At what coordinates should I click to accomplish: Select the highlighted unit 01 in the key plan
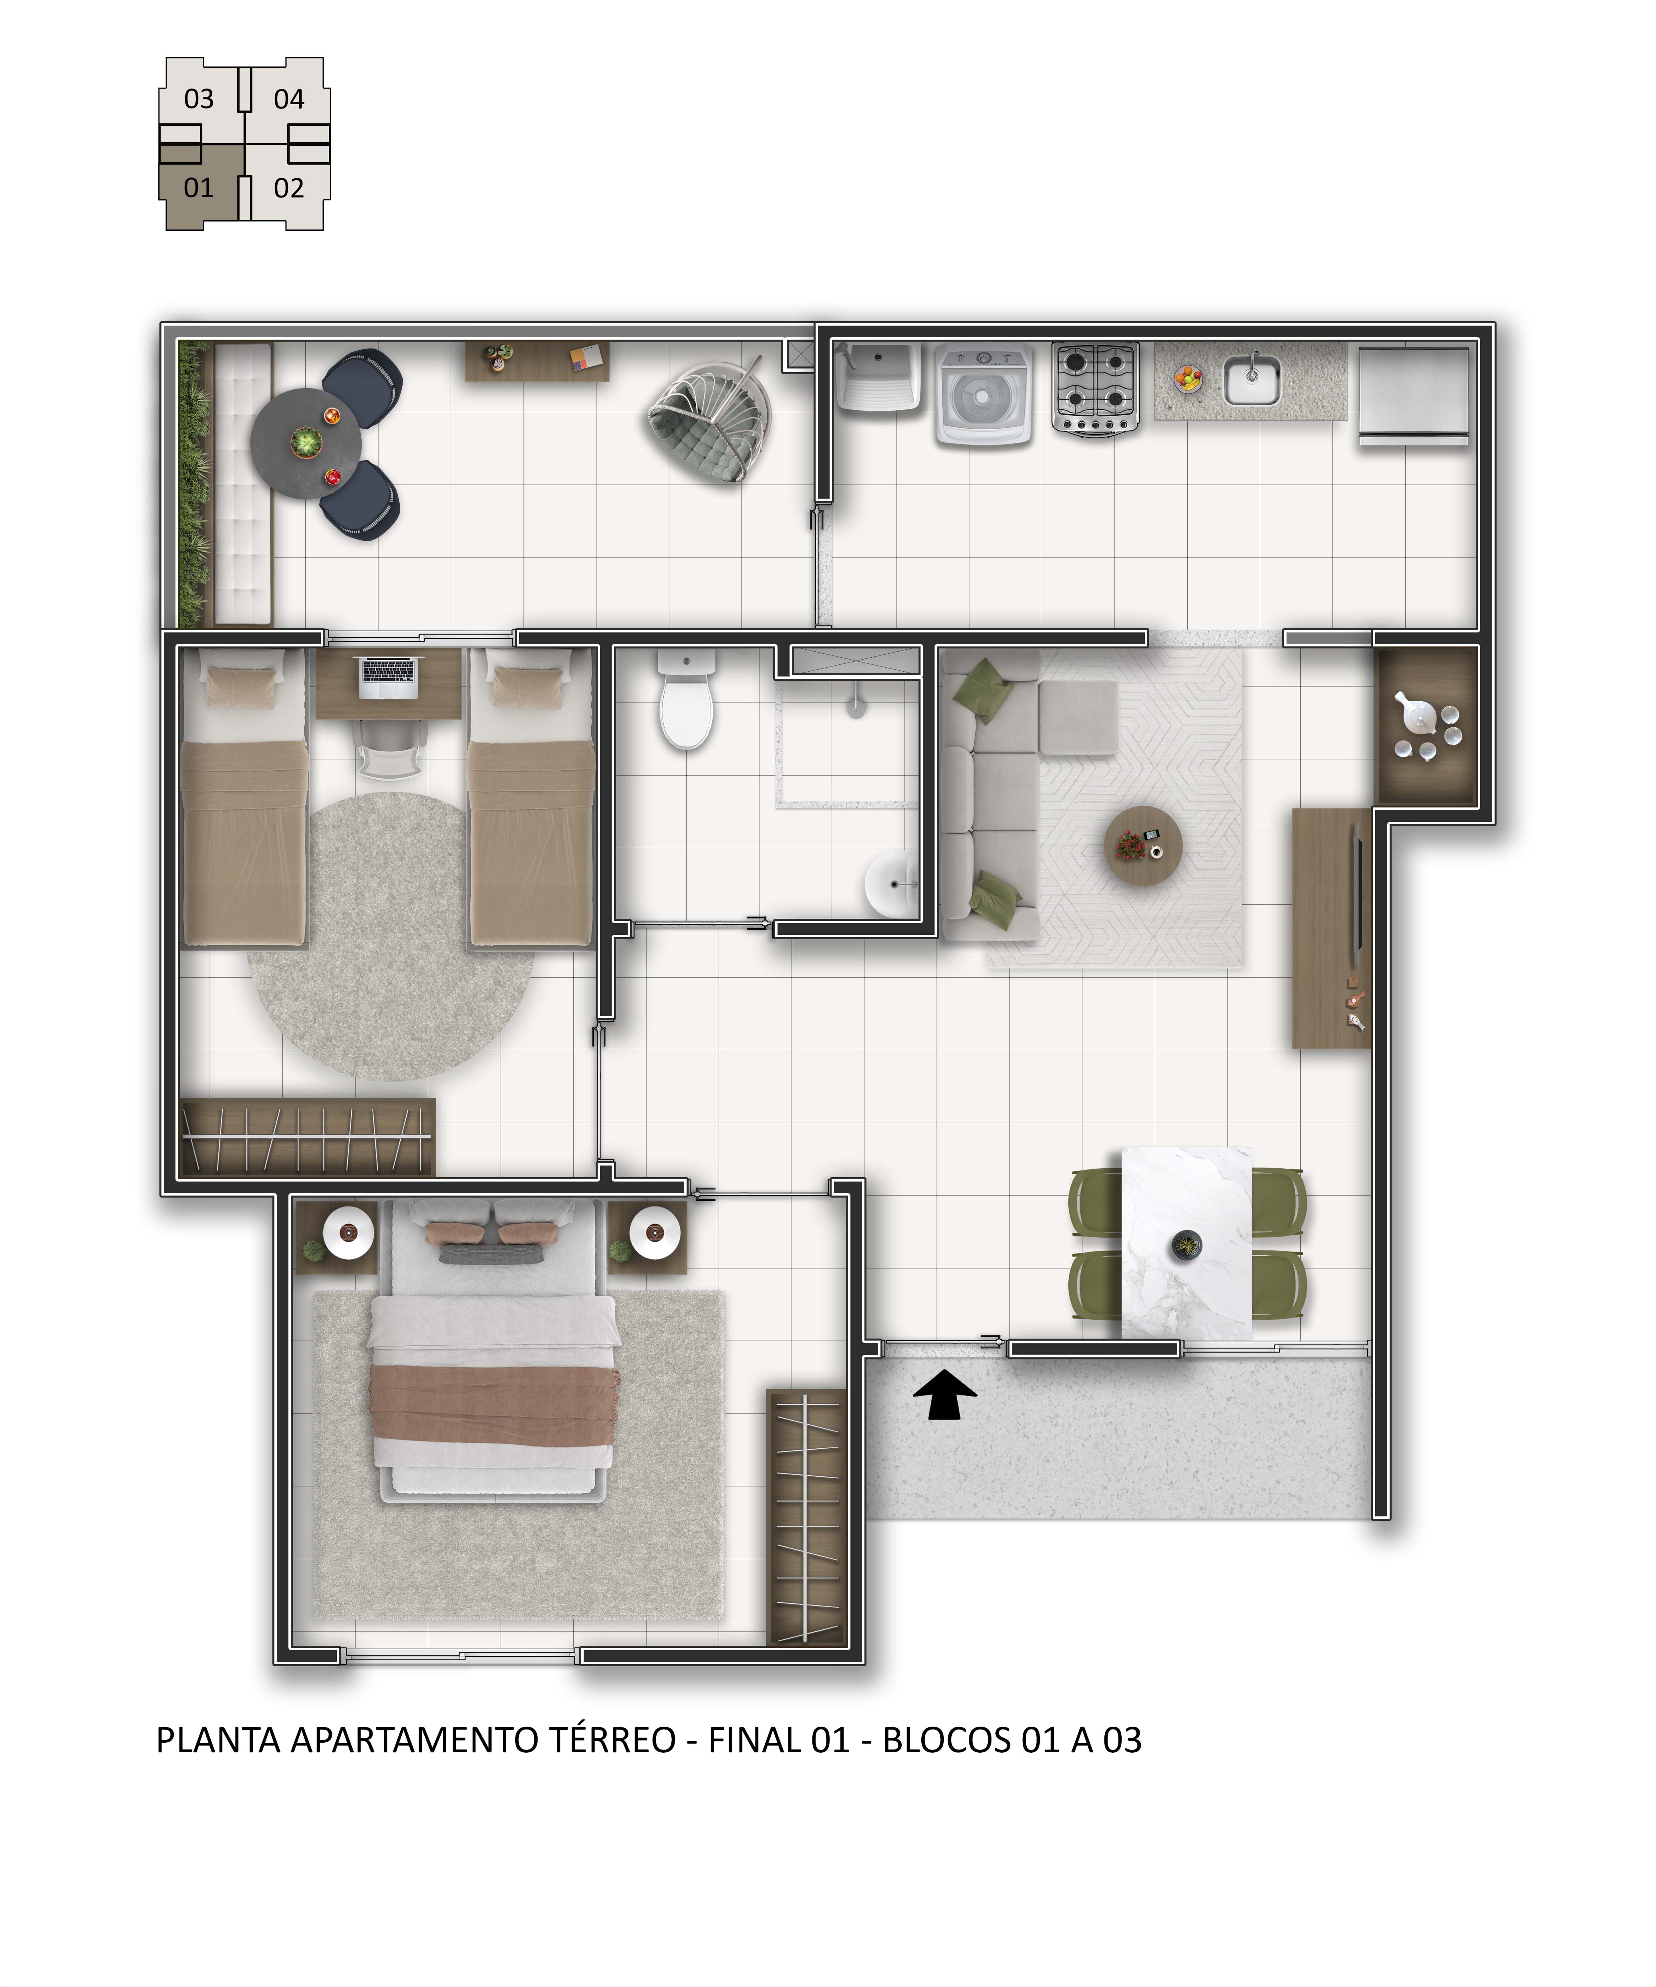(x=199, y=187)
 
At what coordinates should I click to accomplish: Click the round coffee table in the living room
(x=1143, y=845)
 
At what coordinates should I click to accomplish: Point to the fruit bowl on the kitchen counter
(x=1189, y=378)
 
